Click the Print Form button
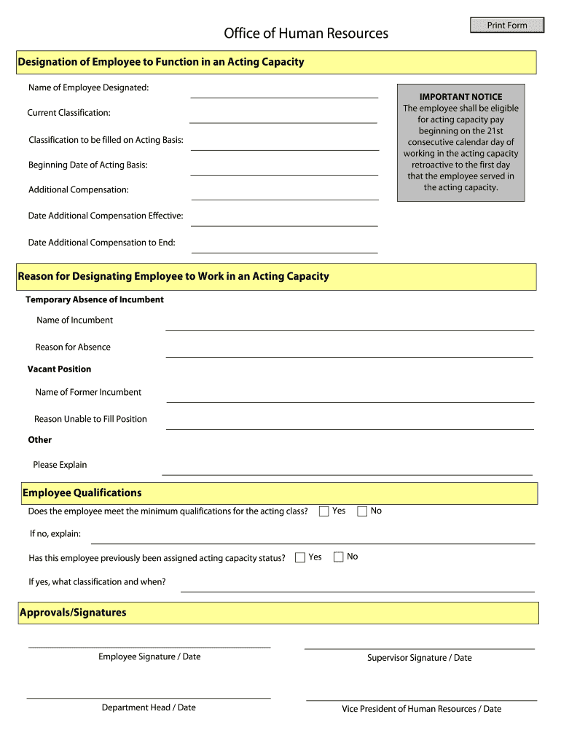pyautogui.click(x=507, y=25)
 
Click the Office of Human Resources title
pyautogui.click(x=306, y=34)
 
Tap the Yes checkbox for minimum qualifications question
pyautogui.click(x=324, y=511)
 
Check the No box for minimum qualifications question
pyautogui.click(x=362, y=511)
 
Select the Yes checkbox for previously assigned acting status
pyautogui.click(x=300, y=557)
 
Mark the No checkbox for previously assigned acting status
pyautogui.click(x=339, y=557)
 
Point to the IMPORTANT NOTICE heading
pyautogui.click(x=460, y=97)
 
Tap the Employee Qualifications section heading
pyautogui.click(x=82, y=493)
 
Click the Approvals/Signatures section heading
pyautogui.click(x=73, y=613)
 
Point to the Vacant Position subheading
pyautogui.click(x=60, y=369)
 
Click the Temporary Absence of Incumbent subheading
pyautogui.click(x=95, y=300)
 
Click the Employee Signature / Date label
pyautogui.click(x=149, y=657)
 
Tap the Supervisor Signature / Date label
pyautogui.click(x=419, y=658)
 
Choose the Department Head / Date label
pyautogui.click(x=149, y=707)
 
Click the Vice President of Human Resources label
pyautogui.click(x=421, y=709)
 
